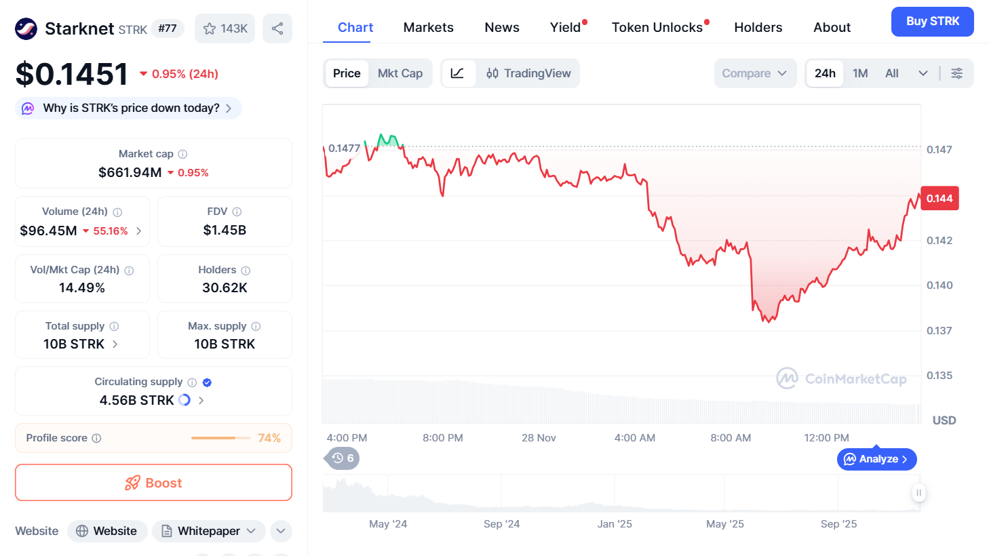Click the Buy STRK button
932,22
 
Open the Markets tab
428,28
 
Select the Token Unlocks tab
657,28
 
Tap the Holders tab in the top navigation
758,28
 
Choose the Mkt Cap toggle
400,73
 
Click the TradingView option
528,73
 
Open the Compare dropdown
754,73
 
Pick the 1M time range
860,73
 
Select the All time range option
891,73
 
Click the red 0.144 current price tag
939,199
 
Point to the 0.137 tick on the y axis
939,331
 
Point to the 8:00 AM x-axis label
731,438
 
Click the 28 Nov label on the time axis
539,438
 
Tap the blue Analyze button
876,459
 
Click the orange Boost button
153,483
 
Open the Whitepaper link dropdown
208,531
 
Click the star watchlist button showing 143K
225,28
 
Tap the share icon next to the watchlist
277,28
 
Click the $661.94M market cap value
130,172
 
